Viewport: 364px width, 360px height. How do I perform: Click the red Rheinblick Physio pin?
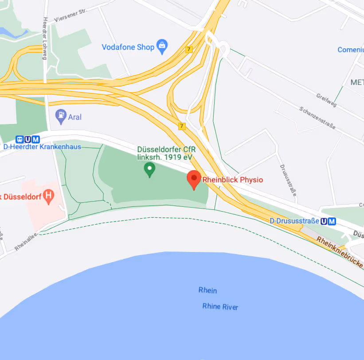pyautogui.click(x=194, y=179)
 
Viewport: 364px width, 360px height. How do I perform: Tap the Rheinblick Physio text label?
pyautogui.click(x=233, y=180)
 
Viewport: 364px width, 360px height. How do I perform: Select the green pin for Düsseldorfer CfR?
pyautogui.click(x=150, y=169)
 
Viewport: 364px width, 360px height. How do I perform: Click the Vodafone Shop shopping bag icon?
pyautogui.click(x=163, y=47)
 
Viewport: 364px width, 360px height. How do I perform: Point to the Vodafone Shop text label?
pyautogui.click(x=128, y=47)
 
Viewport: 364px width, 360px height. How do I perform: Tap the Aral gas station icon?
pyautogui.click(x=60, y=116)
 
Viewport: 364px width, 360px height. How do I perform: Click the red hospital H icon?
pyautogui.click(x=50, y=195)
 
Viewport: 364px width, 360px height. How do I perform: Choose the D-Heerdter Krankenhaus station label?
pyautogui.click(x=42, y=147)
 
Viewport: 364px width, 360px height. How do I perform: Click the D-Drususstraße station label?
pyautogui.click(x=294, y=221)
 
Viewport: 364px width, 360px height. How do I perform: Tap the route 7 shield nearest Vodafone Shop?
pyautogui.click(x=189, y=49)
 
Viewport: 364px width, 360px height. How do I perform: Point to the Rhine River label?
pyautogui.click(x=220, y=306)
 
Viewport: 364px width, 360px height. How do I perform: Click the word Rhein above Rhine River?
pyautogui.click(x=207, y=290)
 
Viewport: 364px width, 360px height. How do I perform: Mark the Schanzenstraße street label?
pyautogui.click(x=317, y=118)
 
